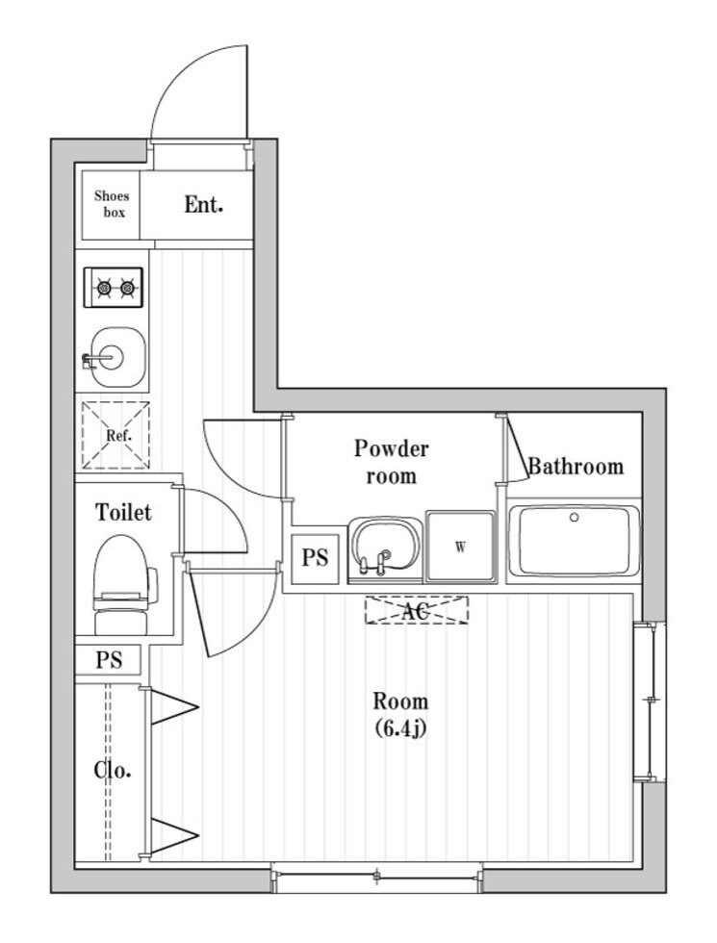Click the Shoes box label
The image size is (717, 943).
tap(111, 204)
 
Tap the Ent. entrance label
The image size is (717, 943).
tap(204, 204)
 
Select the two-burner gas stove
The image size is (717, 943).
tap(114, 286)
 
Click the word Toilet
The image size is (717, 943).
tap(123, 513)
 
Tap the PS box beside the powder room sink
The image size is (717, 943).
tap(315, 558)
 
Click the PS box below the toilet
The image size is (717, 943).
tap(109, 661)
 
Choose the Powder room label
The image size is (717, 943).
tap(391, 461)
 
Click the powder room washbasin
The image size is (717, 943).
tap(385, 548)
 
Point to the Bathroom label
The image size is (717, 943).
tap(576, 468)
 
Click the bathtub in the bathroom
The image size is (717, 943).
tap(574, 541)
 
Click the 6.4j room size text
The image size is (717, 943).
tap(400, 727)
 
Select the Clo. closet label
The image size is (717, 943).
tap(113, 770)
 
